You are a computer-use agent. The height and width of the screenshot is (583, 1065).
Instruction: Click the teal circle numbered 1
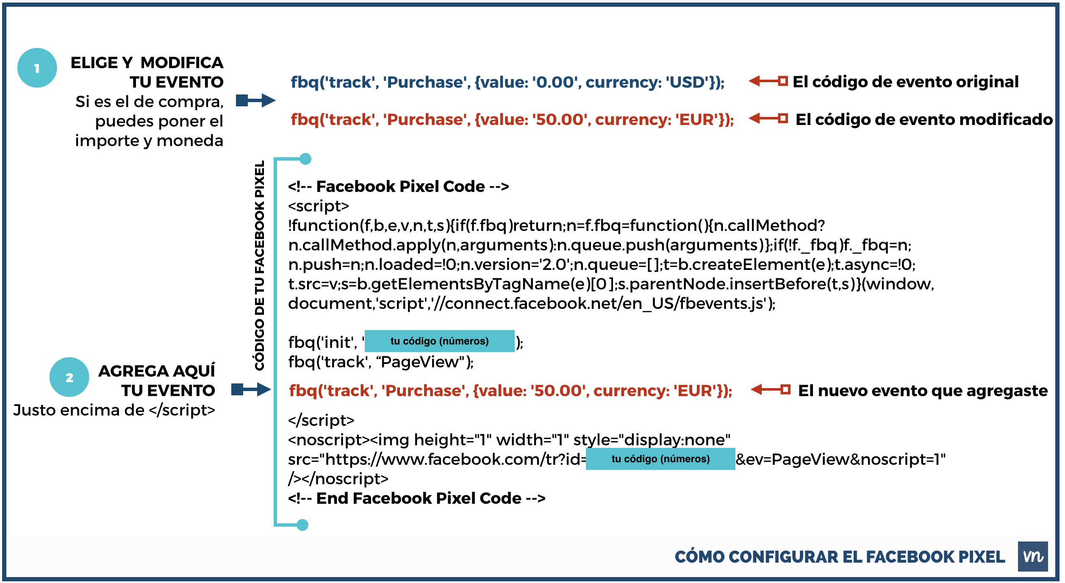click(x=37, y=68)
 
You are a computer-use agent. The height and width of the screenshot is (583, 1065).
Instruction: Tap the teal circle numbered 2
click(x=69, y=377)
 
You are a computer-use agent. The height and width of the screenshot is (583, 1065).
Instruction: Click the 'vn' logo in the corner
click(x=1033, y=556)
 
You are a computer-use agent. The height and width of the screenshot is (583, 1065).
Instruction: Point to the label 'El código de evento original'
click(x=906, y=82)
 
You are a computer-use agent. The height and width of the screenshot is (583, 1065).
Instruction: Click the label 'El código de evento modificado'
click(x=924, y=119)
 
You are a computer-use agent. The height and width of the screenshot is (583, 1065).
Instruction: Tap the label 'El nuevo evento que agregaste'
click(x=923, y=391)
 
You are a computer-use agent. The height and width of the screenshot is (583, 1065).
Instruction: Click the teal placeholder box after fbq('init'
click(x=440, y=341)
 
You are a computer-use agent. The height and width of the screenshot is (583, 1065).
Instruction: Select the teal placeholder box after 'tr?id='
click(x=660, y=459)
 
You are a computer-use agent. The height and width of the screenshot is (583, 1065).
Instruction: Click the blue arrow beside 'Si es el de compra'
click(x=256, y=100)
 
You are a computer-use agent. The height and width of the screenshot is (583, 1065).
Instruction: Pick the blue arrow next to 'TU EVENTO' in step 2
click(x=251, y=389)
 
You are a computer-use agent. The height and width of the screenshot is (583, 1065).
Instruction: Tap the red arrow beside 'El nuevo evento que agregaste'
click(x=771, y=389)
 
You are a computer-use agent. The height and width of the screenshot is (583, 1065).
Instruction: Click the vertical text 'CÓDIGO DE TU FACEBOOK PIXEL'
click(x=259, y=265)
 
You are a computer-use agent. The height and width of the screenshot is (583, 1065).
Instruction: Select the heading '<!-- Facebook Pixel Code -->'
click(x=399, y=186)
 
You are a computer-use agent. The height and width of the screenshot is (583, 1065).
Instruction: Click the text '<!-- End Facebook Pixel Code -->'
click(x=417, y=498)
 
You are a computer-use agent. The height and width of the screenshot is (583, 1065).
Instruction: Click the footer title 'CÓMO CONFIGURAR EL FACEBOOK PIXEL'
click(x=840, y=557)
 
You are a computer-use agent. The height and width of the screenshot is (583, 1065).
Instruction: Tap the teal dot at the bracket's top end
click(x=305, y=159)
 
